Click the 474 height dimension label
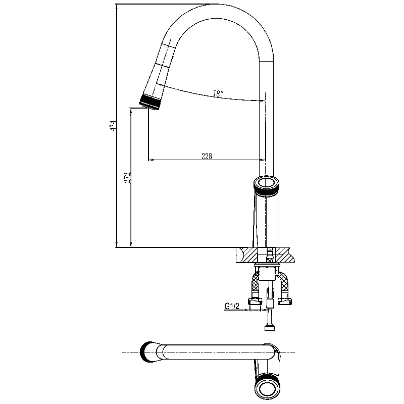point(113,125)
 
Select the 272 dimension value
point(128,178)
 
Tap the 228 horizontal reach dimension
point(207,156)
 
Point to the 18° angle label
point(219,93)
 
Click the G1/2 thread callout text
point(232,306)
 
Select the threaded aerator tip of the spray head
point(150,102)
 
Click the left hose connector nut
point(255,300)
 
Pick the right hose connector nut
point(285,300)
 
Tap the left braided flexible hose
point(255,285)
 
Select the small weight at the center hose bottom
point(270,328)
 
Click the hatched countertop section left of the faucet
point(246,256)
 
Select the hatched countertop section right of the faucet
point(285,256)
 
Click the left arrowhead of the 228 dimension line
point(151,160)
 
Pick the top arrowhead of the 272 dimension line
point(131,111)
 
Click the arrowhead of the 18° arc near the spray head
point(160,84)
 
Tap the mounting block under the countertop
point(267,274)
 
